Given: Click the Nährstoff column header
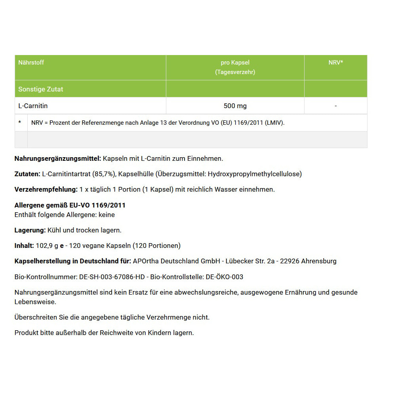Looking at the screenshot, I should pyautogui.click(x=31, y=63).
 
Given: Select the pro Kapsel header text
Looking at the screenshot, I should pyautogui.click(x=235, y=63).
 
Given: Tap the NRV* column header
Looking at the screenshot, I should pyautogui.click(x=335, y=63).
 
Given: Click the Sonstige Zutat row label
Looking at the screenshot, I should pyautogui.click(x=41, y=89).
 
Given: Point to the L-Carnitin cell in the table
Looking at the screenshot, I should pyautogui.click(x=33, y=106).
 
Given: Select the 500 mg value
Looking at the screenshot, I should pyautogui.click(x=235, y=106).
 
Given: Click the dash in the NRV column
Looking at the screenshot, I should pyautogui.click(x=335, y=106).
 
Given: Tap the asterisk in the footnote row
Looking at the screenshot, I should pyautogui.click(x=20, y=123).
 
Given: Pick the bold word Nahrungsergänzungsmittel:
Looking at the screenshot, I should pyautogui.click(x=58, y=158).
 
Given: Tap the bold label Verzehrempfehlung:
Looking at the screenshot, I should pyautogui.click(x=46, y=189).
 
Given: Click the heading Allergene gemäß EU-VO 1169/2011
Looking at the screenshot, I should pyautogui.click(x=70, y=205).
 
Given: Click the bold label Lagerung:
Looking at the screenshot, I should pyautogui.click(x=30, y=230).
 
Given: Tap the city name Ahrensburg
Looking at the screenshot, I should pyautogui.click(x=319, y=261).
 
